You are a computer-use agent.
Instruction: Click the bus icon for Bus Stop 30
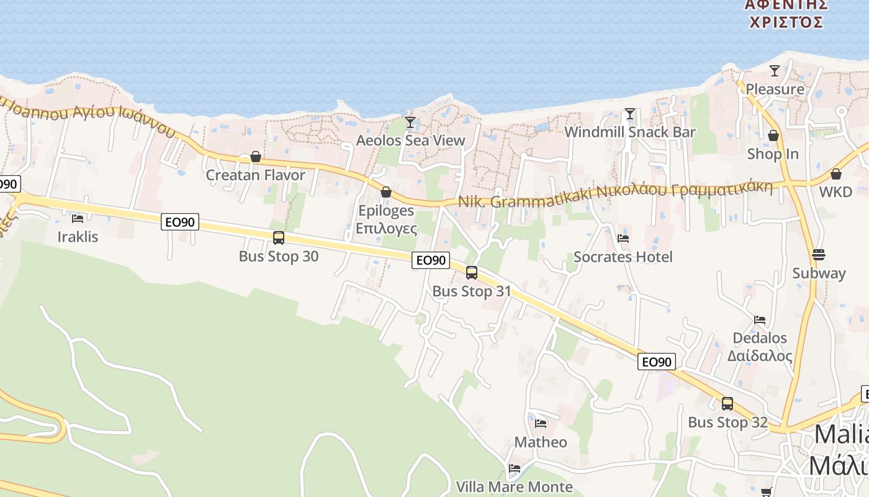pos(279,237)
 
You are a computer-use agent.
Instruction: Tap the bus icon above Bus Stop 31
pos(472,272)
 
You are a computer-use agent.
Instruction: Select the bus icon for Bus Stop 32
pos(727,404)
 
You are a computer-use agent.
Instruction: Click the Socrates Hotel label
pos(623,257)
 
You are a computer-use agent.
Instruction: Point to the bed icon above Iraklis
pos(78,218)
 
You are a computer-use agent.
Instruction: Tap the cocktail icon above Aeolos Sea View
pos(410,122)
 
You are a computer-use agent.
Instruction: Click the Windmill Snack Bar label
pos(629,132)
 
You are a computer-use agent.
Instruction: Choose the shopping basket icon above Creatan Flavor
pos(255,157)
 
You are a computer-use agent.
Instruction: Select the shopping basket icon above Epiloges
pos(386,193)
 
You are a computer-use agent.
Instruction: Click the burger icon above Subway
pos(819,255)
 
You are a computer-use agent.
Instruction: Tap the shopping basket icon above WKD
pos(835,174)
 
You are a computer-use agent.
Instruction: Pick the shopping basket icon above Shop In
pos(773,135)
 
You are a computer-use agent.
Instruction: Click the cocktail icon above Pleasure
pos(775,71)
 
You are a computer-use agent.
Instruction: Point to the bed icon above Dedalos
pos(760,320)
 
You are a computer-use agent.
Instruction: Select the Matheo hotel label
pos(541,442)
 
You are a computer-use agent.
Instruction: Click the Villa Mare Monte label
pos(514,486)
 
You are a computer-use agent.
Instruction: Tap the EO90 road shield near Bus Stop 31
pos(431,260)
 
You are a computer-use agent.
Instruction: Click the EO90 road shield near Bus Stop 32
pos(656,362)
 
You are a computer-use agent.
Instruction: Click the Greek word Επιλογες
pos(386,228)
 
